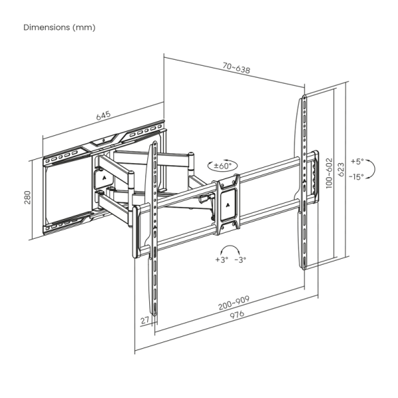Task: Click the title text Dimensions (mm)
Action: [x=60, y=27]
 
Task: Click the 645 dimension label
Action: [x=103, y=116]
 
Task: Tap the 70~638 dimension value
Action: [x=237, y=68]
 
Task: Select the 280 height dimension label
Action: [x=28, y=197]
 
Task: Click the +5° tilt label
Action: [x=358, y=161]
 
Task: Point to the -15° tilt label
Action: [x=357, y=176]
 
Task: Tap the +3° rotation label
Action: [x=221, y=259]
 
